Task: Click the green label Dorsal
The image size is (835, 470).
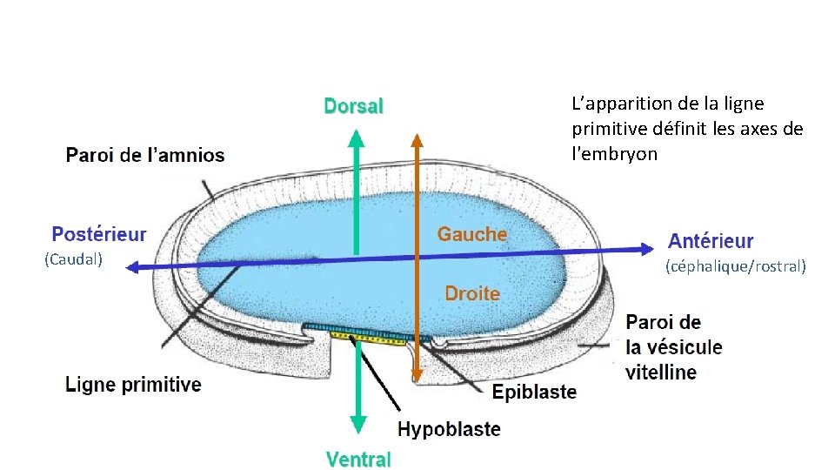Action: point(353,106)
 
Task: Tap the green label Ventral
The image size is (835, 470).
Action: point(358,459)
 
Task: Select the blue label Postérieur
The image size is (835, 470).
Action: point(99,234)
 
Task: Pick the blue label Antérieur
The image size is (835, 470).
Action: point(711,241)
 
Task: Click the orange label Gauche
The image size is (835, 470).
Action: point(471,234)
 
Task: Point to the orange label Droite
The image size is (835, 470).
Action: point(472,294)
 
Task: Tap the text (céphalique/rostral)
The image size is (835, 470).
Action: point(736,266)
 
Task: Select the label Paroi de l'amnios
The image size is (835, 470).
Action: point(145,157)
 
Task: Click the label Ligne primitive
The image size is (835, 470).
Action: point(134,385)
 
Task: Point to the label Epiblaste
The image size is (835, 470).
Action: point(534,393)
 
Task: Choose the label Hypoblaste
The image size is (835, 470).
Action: point(449,429)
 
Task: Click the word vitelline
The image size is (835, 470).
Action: point(661,373)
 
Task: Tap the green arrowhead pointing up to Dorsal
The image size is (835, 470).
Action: point(356,136)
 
